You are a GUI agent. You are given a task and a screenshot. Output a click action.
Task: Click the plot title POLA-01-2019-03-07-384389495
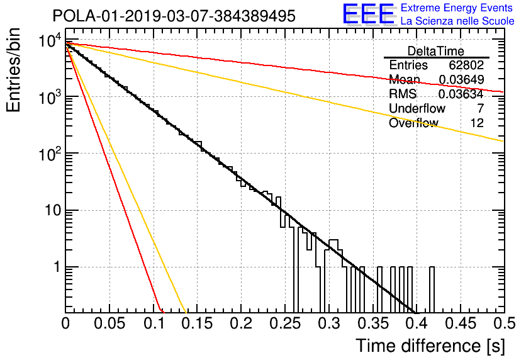pos(174,16)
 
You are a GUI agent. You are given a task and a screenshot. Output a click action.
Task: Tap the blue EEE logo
pos(369,14)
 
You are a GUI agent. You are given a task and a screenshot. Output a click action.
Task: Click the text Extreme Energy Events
pos(457,8)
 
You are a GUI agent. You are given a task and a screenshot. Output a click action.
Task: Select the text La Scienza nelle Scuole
pos(457,21)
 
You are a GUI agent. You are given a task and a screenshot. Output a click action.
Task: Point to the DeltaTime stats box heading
pos(436,51)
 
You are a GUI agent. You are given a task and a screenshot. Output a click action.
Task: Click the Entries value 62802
pos(466,65)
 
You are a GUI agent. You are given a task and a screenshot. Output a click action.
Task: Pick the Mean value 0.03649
pos(461,79)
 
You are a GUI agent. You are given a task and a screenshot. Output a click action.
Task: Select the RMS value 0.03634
pos(461,94)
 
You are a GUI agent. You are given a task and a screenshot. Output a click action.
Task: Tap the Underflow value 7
pos(480,108)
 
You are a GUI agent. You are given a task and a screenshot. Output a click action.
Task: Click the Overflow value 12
pos(477,123)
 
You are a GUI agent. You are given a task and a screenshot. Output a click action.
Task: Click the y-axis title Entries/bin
pos(13,70)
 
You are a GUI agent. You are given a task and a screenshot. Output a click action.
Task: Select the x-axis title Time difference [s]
pos(430,346)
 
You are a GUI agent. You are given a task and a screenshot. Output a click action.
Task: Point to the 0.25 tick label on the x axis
pos(285,323)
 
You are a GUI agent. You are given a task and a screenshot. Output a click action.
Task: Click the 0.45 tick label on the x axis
pos(461,323)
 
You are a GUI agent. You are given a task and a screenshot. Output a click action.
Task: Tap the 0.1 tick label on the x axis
pos(154,323)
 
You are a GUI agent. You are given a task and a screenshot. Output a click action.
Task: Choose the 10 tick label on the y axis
pos(53,210)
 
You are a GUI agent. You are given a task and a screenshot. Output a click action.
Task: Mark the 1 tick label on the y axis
pos(57,267)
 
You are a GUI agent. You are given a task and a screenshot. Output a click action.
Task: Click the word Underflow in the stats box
pos(417,108)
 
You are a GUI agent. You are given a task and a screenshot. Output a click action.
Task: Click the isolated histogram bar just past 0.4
pos(432,290)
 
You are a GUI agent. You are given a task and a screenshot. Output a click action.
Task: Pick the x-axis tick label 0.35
pos(373,323)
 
